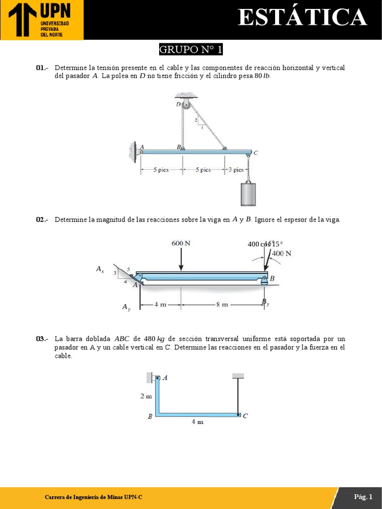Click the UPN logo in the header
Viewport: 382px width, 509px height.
tap(42, 20)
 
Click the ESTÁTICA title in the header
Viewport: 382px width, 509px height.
tap(302, 18)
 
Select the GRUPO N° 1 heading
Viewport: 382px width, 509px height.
tap(191, 50)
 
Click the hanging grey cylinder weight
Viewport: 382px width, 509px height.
tap(248, 194)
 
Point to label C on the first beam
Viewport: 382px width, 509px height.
tap(256, 153)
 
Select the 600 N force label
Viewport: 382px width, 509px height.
tap(181, 243)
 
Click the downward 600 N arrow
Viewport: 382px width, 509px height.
tap(181, 259)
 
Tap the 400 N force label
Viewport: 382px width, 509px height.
tap(282, 254)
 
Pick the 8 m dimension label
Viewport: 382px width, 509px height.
tap(221, 305)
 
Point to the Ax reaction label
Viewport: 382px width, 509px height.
tap(100, 269)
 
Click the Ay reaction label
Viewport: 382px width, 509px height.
tap(126, 308)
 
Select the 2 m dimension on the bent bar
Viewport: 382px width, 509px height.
tap(146, 396)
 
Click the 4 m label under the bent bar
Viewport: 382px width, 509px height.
tap(197, 422)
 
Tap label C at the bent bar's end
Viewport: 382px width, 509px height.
tap(245, 416)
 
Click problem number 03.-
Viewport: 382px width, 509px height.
tap(42, 339)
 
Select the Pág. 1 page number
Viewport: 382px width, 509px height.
tap(363, 497)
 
